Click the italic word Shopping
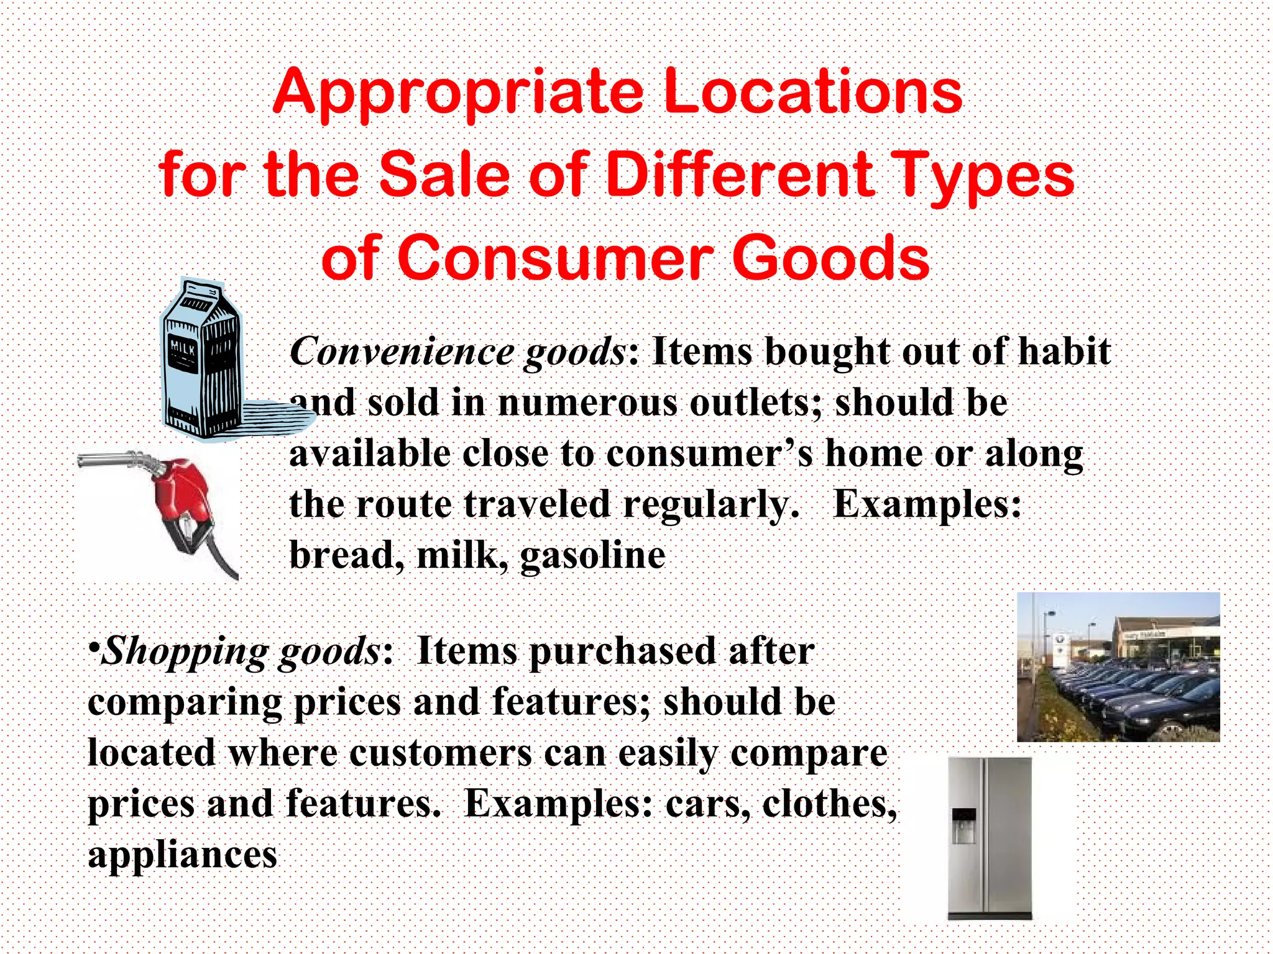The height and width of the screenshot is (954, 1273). coord(185,652)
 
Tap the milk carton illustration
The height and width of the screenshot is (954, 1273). coord(200,360)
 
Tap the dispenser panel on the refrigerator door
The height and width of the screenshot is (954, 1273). coord(963,825)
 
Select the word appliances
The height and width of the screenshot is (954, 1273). coord(182,855)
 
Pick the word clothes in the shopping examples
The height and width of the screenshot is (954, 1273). coord(829,804)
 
